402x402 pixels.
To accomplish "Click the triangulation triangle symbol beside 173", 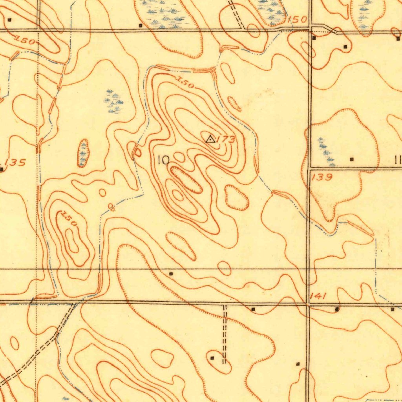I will [210, 139].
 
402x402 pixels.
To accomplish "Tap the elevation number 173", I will [226, 139].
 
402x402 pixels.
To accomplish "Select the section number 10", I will [163, 160].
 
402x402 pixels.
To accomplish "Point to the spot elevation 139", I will [322, 177].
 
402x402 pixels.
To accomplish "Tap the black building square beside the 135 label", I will [2, 169].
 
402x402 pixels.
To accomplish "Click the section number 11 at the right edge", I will [397, 160].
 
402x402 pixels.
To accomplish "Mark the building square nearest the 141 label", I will [337, 309].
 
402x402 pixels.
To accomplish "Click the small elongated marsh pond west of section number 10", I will [83, 153].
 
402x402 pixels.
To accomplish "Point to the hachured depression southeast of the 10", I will [237, 197].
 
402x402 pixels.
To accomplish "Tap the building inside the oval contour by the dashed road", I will [212, 358].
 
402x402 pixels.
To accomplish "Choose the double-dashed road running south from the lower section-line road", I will [225, 334].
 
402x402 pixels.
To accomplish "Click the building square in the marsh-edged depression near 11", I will [351, 159].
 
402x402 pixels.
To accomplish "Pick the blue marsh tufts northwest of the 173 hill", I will [114, 101].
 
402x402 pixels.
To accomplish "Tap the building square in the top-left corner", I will [10, 19].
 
